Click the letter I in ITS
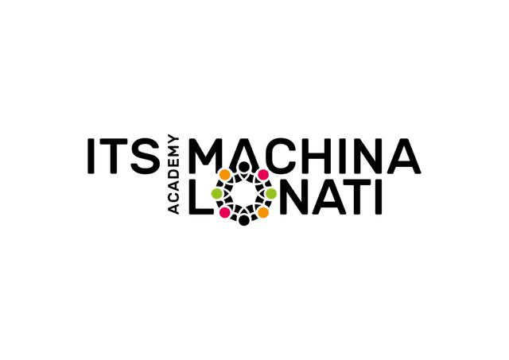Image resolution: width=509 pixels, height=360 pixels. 91,156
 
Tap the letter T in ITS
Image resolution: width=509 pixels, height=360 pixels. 113,156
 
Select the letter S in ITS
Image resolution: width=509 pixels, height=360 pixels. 146,156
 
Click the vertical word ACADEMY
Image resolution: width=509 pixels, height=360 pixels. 173,176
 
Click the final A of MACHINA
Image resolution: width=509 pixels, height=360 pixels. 402,157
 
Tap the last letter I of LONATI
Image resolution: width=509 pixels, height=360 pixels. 379,197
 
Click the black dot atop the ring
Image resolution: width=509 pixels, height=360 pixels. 244,167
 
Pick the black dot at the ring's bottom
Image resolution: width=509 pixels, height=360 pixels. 244,220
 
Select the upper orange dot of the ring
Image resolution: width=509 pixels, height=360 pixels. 224,175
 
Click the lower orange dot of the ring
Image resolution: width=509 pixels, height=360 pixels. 263,212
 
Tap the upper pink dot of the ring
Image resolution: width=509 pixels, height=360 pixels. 263,175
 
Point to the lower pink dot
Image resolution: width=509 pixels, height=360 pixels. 224,212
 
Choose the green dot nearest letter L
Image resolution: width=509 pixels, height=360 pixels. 217,194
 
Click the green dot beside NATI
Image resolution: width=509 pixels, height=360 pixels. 271,194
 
